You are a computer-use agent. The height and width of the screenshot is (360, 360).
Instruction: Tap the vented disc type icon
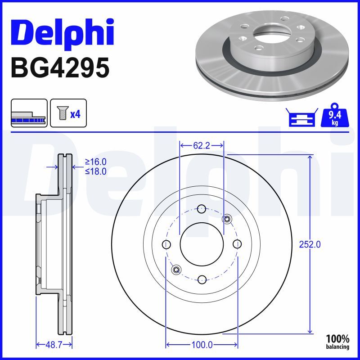[29, 113]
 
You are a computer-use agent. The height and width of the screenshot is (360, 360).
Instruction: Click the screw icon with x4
[67, 113]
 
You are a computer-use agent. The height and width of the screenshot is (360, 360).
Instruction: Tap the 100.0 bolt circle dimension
[202, 345]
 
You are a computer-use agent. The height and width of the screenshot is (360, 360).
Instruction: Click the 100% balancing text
[337, 342]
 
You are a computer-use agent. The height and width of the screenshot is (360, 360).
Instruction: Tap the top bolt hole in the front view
[202, 209]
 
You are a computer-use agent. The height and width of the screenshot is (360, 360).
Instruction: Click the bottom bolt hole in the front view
[202, 279]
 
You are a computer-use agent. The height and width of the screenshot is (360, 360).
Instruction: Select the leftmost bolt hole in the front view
[166, 244]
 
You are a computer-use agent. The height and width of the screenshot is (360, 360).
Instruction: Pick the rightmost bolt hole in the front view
[237, 244]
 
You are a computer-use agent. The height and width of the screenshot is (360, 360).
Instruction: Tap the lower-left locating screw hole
[176, 269]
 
